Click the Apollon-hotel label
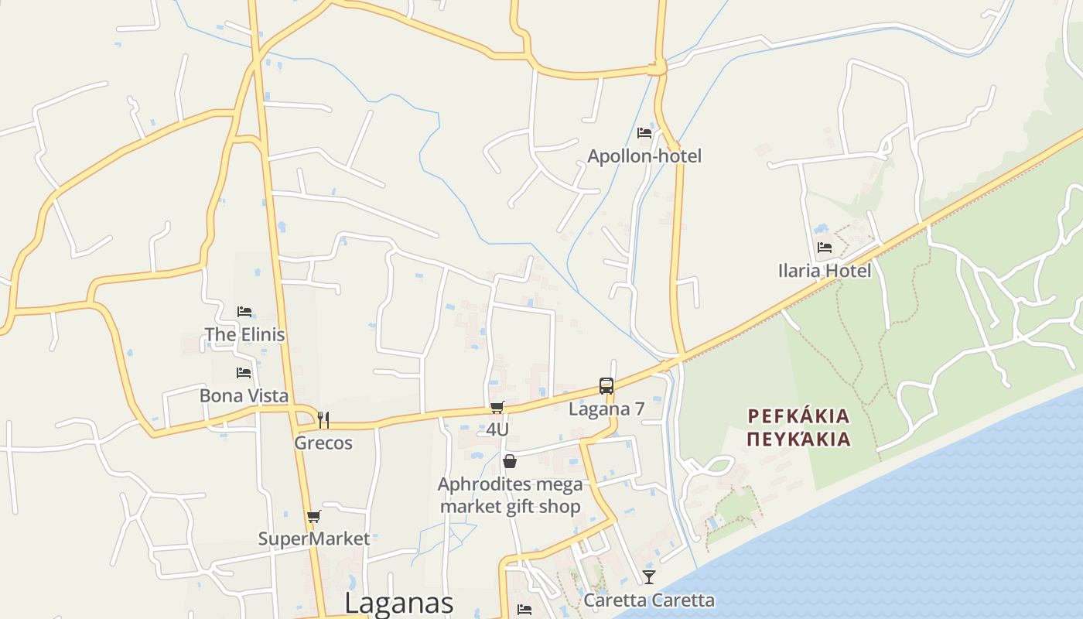(644, 156)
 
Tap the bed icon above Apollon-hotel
(644, 133)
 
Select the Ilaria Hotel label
(825, 271)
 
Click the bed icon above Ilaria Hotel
(825, 248)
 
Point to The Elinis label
(244, 335)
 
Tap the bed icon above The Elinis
(244, 312)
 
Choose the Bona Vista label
(244, 396)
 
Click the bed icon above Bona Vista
(244, 373)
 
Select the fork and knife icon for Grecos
(323, 420)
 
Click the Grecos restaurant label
(323, 443)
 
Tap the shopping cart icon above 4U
(497, 407)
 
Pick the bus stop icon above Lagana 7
(606, 386)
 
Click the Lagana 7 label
(606, 409)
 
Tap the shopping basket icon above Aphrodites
(510, 462)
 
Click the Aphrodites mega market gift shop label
(510, 496)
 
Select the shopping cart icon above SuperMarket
(313, 517)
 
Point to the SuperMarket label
(314, 539)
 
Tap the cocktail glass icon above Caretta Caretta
(648, 577)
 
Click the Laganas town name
(398, 603)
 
